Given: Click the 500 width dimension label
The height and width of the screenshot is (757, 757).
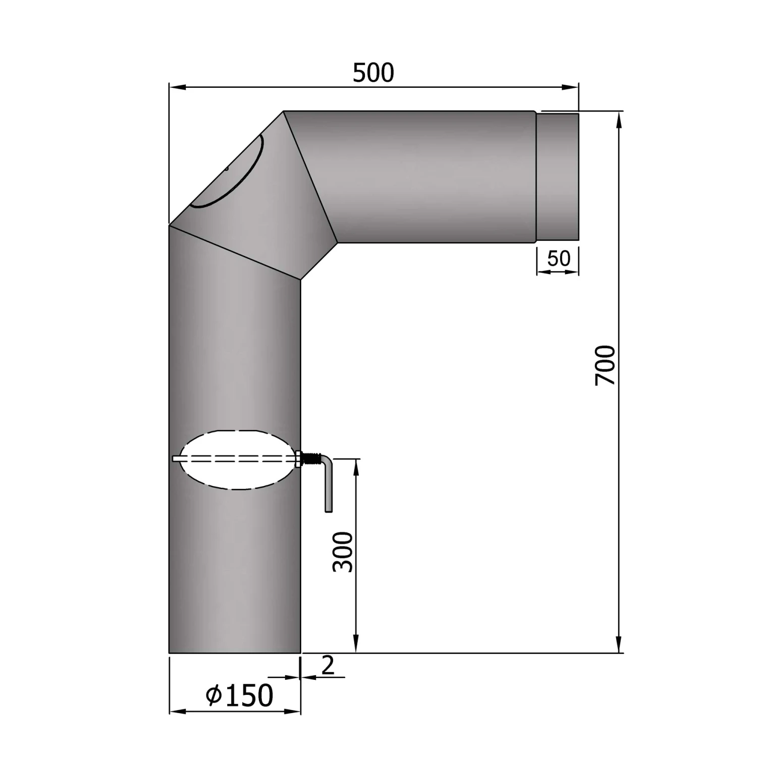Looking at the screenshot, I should [373, 73].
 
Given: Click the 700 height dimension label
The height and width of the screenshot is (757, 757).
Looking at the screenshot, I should [606, 365].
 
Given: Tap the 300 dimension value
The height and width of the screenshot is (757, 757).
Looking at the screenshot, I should [343, 552].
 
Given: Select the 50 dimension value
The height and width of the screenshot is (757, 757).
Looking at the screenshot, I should [559, 258].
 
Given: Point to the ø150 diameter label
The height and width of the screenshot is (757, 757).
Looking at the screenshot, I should [240, 696].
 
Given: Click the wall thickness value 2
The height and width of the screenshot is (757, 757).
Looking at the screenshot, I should [328, 666].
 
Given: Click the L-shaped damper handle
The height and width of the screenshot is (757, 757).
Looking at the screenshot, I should [328, 484].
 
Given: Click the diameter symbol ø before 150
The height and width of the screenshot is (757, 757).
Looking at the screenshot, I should [214, 696].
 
